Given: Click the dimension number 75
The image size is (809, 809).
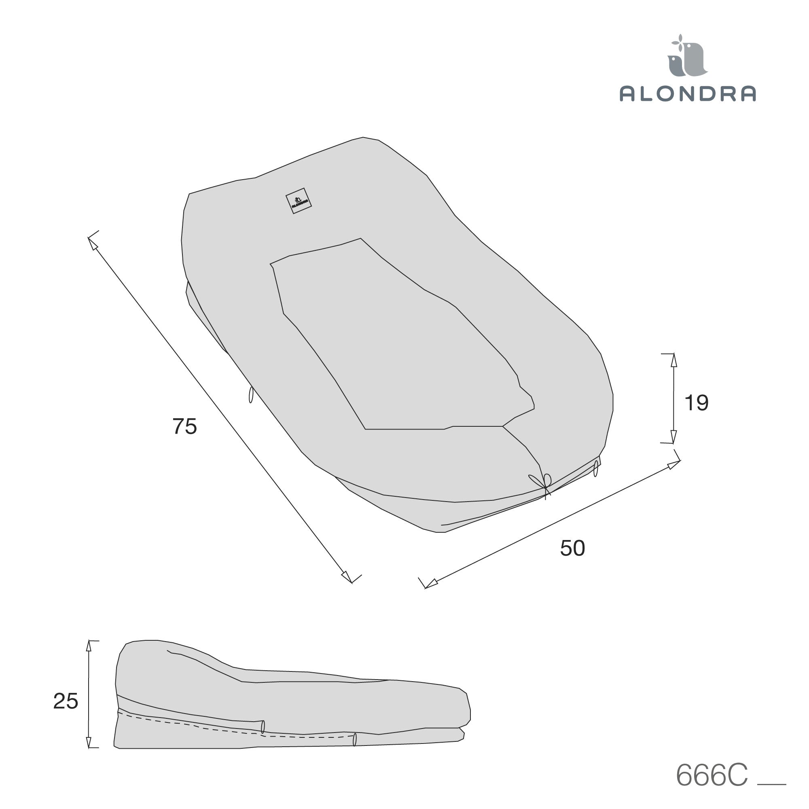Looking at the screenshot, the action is tap(185, 427).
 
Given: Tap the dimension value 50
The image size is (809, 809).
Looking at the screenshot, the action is tap(572, 548).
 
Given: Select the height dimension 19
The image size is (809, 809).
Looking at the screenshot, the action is tap(697, 403).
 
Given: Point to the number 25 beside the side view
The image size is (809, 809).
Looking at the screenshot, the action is tap(66, 701).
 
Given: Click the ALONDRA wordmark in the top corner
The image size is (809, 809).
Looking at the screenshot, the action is tap(688, 93).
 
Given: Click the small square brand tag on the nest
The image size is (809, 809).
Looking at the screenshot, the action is tap(299, 201).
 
